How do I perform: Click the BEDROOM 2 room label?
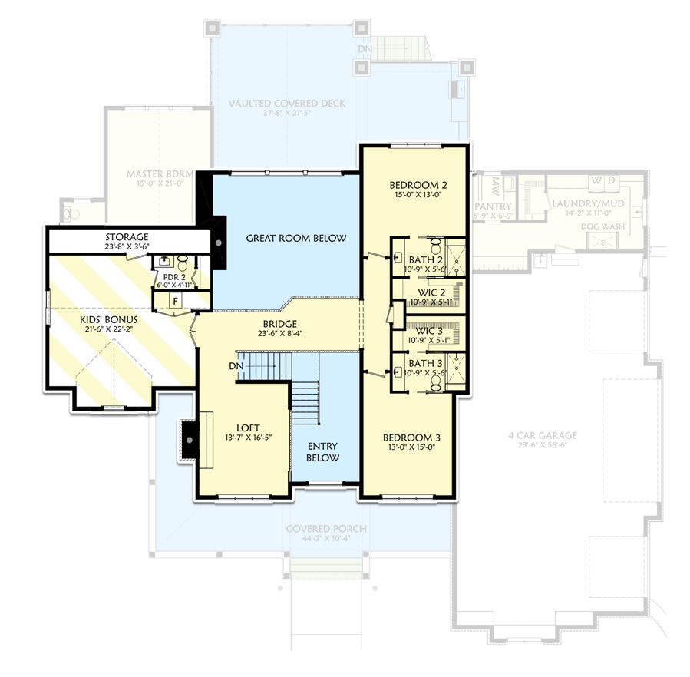pos(418,185)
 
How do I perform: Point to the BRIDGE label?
pos(278,324)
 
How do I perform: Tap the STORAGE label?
pos(127,237)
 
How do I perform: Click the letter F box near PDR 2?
pos(175,300)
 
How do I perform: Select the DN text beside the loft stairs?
pos(236,367)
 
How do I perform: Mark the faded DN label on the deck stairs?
pos(365,50)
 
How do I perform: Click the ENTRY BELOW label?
pos(324,451)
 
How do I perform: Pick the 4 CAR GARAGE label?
pos(542,435)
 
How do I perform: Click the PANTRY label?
pos(493,206)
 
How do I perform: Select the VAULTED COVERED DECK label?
pos(287,104)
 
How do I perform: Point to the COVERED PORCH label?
pos(326,529)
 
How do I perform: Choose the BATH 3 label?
pos(425,362)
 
